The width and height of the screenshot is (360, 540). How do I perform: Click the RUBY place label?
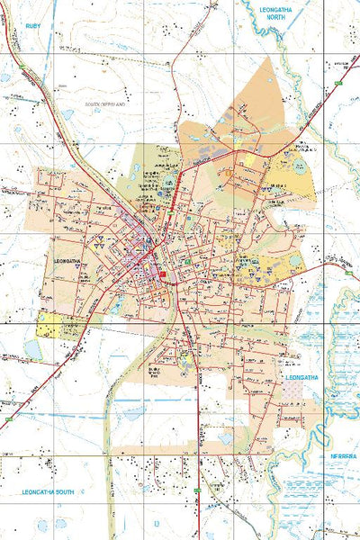pos(34,27)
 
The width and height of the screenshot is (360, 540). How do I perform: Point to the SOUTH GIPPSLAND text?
pos(105,103)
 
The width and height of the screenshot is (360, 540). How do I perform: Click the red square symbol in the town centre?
pos(163,275)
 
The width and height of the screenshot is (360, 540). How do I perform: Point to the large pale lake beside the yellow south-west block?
pos(33,348)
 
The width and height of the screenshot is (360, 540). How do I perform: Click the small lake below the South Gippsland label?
pos(67,115)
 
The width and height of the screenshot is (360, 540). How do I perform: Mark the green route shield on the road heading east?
pos(337,82)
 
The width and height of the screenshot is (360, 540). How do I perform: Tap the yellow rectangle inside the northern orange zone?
pos(247,160)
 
